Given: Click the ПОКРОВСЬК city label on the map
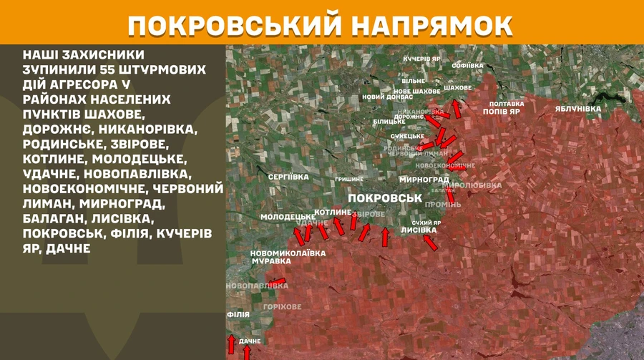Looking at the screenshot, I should (384, 198).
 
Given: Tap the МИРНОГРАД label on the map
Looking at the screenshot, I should (425, 180).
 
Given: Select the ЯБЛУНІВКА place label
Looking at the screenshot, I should (578, 109).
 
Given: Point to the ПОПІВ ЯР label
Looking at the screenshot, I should (501, 112).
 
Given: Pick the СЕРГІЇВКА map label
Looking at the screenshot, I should (288, 176).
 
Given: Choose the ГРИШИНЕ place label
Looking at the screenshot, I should (349, 179).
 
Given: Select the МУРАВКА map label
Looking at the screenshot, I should (270, 262).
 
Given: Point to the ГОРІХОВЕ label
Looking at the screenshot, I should (282, 306).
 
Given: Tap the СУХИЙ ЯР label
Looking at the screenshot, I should (426, 223).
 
